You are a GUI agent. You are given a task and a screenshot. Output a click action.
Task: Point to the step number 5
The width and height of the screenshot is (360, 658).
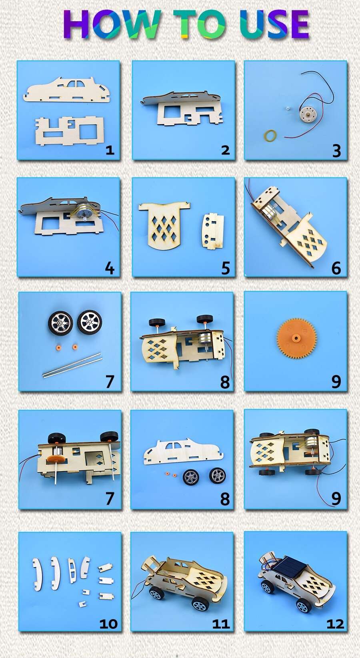click(226, 268)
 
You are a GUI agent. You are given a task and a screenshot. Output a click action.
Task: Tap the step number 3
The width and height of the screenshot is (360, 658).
click(336, 151)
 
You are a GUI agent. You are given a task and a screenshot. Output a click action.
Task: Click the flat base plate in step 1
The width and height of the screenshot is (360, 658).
click(69, 131)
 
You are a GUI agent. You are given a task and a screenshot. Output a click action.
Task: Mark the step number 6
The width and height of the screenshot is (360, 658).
click(336, 268)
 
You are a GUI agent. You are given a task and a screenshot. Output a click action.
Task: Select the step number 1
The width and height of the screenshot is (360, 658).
click(110, 150)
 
